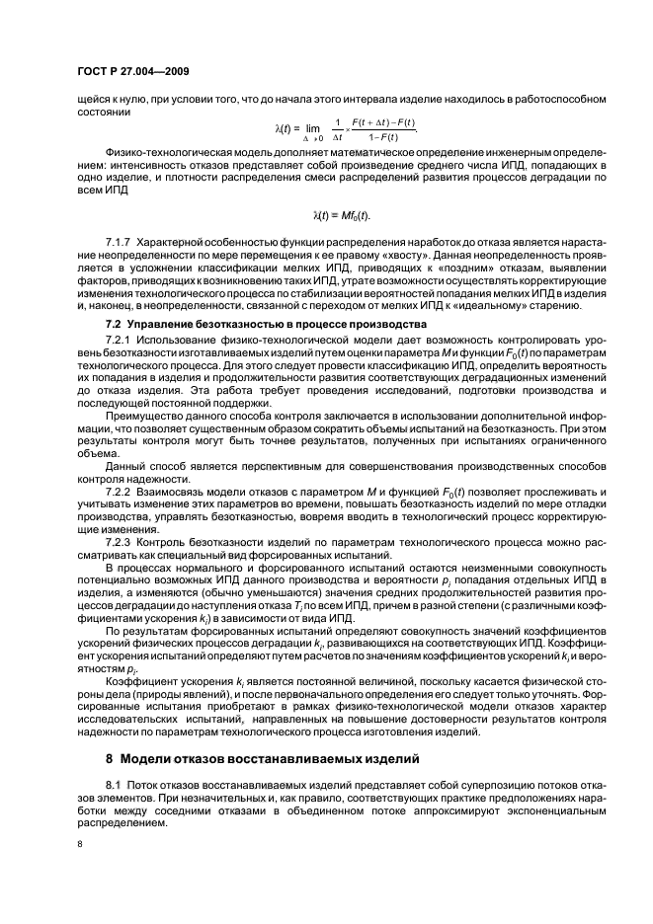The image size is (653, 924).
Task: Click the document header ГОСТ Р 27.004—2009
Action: (134, 72)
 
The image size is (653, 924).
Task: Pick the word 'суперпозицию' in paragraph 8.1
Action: (442, 784)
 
